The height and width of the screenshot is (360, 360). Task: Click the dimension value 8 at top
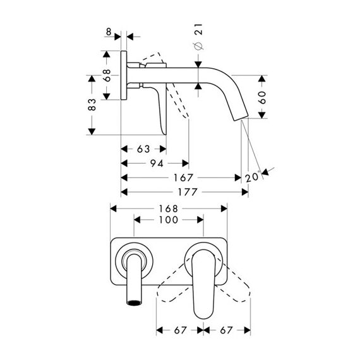109,32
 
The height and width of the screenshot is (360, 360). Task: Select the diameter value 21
198,29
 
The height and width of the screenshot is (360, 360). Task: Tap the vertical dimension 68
107,75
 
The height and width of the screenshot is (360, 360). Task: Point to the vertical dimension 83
92,105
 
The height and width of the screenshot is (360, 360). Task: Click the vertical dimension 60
262,97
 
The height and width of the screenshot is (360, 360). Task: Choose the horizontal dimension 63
143,149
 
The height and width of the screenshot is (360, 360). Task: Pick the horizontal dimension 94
157,164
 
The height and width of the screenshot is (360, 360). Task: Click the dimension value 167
183,177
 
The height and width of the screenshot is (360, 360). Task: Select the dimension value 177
188,192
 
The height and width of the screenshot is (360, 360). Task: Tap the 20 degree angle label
253,177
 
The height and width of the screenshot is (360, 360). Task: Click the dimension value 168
169,208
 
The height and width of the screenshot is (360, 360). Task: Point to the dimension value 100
169,220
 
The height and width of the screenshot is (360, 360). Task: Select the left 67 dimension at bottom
180,330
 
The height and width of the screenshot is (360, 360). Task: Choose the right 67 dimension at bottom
226,330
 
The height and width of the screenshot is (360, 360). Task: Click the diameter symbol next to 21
198,46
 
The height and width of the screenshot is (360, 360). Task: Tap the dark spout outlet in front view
134,303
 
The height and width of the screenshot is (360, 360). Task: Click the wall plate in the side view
124,75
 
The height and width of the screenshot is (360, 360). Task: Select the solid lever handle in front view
203,284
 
